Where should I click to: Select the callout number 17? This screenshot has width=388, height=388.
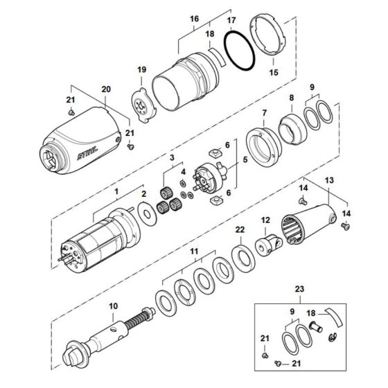click(231, 22)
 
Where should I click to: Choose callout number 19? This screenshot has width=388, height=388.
click(141, 69)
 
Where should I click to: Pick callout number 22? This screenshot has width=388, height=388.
click(239, 229)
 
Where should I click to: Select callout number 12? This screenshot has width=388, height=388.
click(265, 220)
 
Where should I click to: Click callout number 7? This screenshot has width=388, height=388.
click(263, 112)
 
